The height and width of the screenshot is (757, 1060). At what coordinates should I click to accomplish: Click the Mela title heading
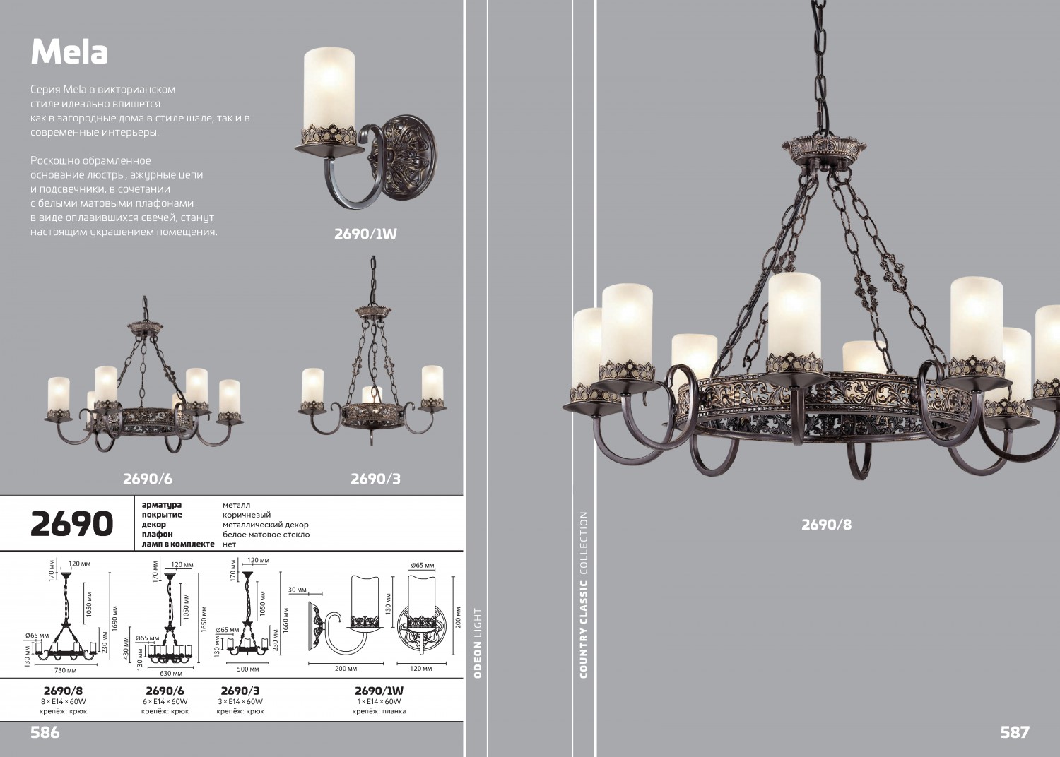(x=69, y=52)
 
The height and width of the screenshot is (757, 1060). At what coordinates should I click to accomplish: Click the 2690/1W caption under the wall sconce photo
(x=365, y=234)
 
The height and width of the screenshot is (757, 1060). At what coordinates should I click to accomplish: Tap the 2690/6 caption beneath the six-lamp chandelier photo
(x=147, y=479)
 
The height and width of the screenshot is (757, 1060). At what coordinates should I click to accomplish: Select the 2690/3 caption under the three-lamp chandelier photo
(x=375, y=479)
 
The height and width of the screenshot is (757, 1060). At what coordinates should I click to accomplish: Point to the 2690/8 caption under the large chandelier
(x=826, y=525)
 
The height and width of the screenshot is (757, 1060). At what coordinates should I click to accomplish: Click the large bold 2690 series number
(x=71, y=524)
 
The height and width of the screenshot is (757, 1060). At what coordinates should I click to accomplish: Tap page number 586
(x=45, y=732)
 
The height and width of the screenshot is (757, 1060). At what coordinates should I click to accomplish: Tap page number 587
(x=1014, y=732)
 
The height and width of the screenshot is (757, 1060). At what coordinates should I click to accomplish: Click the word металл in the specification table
(x=236, y=505)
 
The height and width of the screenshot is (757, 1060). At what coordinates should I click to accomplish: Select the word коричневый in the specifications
(x=247, y=515)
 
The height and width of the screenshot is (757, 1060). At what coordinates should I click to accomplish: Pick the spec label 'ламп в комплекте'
(x=177, y=544)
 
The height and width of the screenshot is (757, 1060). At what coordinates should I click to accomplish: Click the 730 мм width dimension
(x=66, y=670)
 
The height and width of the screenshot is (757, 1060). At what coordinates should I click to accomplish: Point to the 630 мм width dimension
(x=170, y=674)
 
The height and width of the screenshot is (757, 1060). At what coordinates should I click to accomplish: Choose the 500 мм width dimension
(x=247, y=669)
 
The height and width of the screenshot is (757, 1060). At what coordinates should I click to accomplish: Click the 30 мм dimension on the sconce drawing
(x=297, y=590)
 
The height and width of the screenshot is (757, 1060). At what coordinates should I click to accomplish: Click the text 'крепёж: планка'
(x=379, y=711)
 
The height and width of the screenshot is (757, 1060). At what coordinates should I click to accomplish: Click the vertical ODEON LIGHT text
(x=478, y=643)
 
